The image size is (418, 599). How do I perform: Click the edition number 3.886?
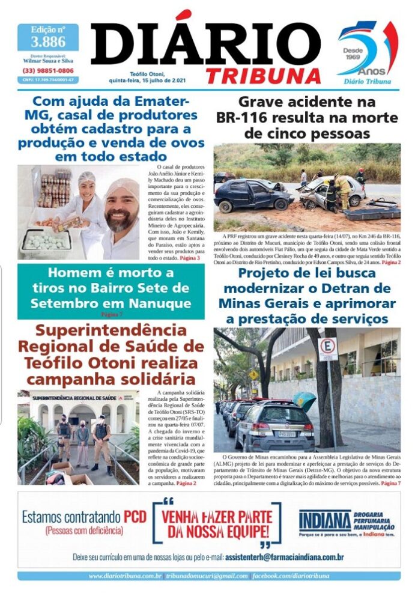[47, 41]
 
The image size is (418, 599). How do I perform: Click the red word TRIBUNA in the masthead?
[264, 75]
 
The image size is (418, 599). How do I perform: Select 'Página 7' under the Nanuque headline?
[110, 314]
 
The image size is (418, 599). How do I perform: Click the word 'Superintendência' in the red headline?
[111, 331]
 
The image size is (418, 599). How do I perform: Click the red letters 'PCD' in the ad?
[135, 517]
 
